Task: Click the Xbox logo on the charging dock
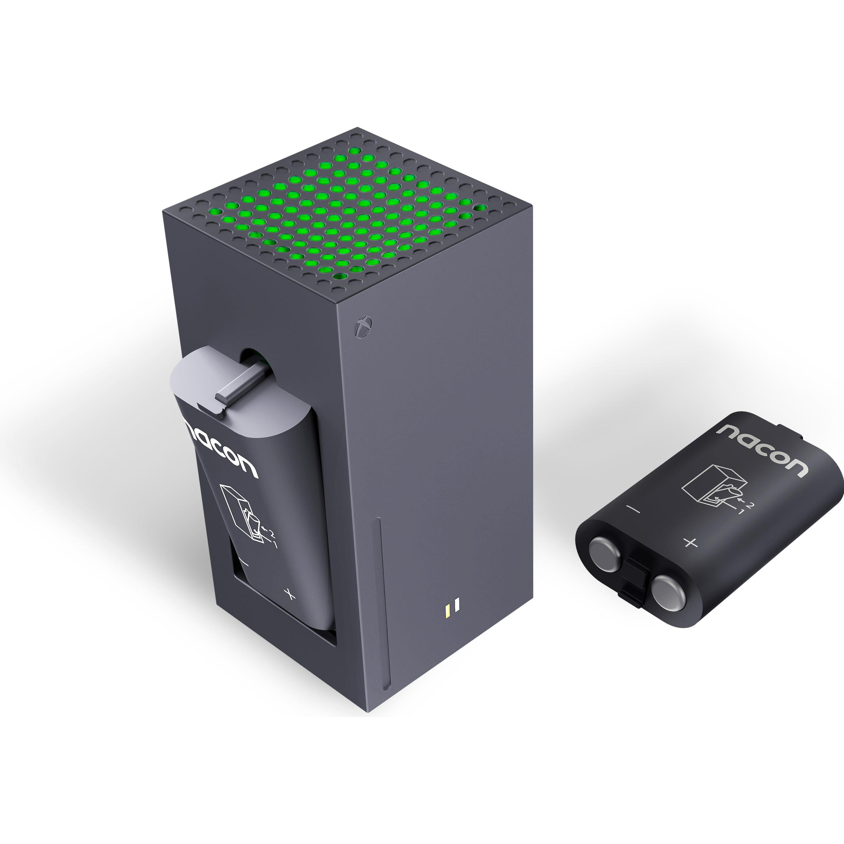coord(363,326)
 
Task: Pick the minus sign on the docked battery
coord(244,564)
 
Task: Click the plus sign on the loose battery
coord(690,543)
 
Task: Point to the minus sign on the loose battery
coord(633,509)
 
